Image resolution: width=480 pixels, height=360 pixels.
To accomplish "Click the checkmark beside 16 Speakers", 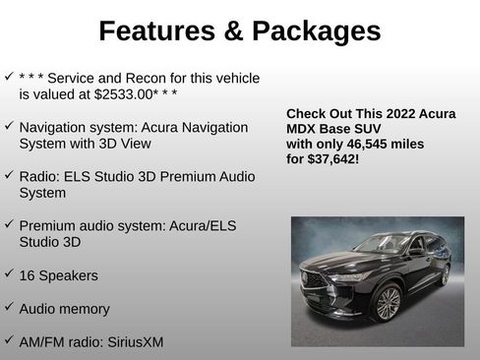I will pos(9,275).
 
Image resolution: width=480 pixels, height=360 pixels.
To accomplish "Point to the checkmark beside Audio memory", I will pos(9,308).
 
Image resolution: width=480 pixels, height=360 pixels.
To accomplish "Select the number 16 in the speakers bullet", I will pos(29,276).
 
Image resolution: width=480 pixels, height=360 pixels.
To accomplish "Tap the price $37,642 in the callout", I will pos(332,157).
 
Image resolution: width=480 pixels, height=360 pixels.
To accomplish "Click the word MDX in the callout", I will pos(303,129).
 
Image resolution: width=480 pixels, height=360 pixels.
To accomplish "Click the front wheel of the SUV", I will pos(388,303).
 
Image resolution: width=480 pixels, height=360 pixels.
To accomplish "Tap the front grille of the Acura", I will pos(316,279).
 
